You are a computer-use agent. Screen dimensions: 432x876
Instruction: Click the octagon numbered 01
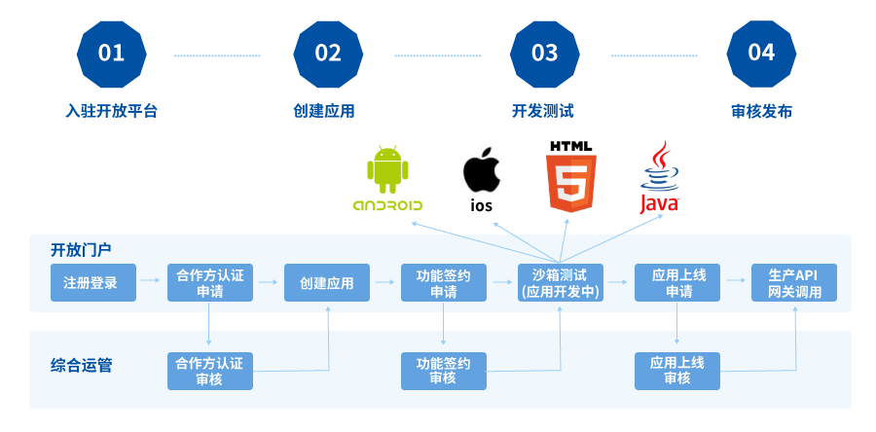(111, 53)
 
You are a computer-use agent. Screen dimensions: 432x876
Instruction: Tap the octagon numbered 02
(328, 53)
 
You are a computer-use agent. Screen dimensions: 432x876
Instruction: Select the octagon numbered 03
(545, 53)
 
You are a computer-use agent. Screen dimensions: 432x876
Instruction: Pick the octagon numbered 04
(761, 53)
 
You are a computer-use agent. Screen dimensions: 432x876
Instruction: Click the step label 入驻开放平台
(111, 111)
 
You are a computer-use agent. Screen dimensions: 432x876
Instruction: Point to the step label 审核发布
(761, 111)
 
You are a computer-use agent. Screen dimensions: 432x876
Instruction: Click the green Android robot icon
(386, 170)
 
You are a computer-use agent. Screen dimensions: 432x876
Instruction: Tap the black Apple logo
(482, 171)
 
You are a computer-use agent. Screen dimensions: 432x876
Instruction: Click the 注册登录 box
(91, 283)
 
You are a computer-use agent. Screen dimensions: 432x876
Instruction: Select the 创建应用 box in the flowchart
(327, 283)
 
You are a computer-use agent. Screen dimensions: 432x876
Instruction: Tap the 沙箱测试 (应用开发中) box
(561, 283)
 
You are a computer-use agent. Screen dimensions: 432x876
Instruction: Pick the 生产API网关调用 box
(794, 283)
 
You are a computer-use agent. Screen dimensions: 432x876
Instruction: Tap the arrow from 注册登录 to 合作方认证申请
(149, 282)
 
